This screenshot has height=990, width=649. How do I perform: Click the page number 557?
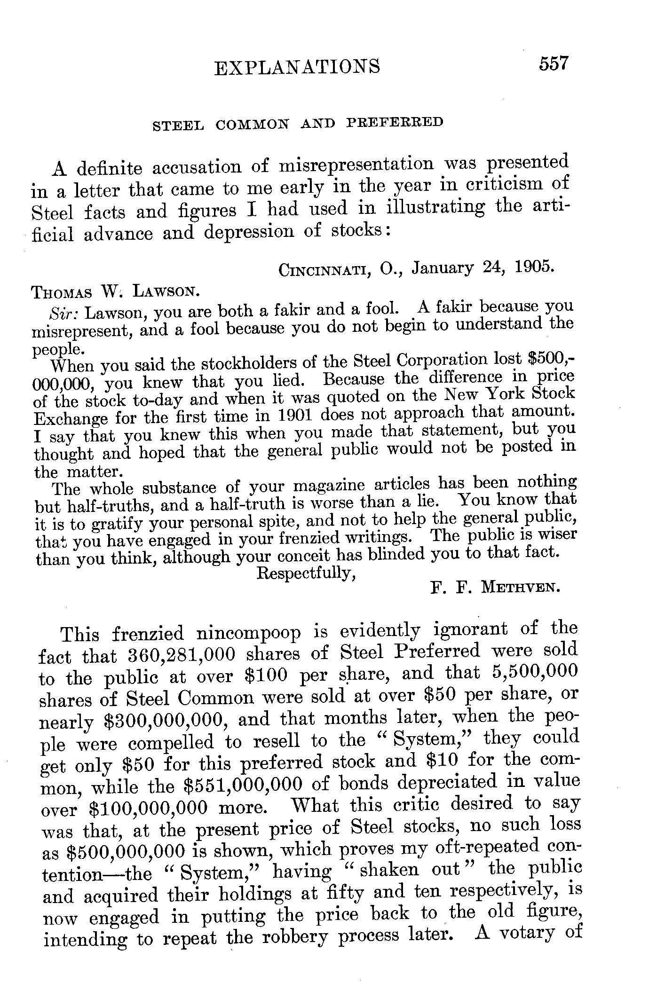coord(554,63)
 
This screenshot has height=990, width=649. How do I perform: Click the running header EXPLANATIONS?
coord(297,67)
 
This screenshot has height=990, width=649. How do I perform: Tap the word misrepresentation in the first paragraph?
coord(357,165)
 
